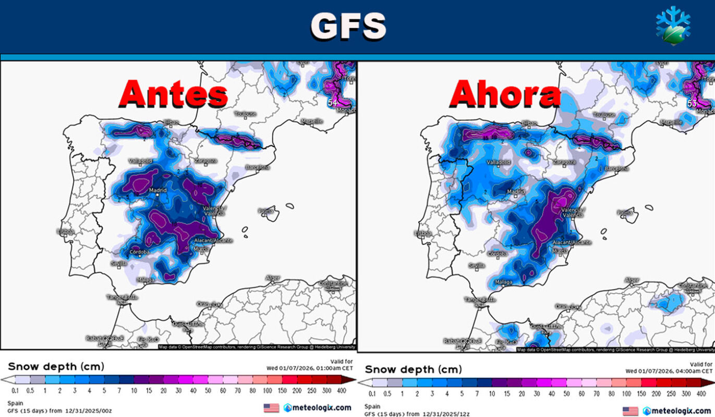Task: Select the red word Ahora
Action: coord(505,95)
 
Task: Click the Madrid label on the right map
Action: coord(516,192)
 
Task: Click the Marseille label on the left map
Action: coord(312,121)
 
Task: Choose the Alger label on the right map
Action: coord(631,280)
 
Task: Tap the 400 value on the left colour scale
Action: coord(341,389)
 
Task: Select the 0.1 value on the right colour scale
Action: coord(373,394)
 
